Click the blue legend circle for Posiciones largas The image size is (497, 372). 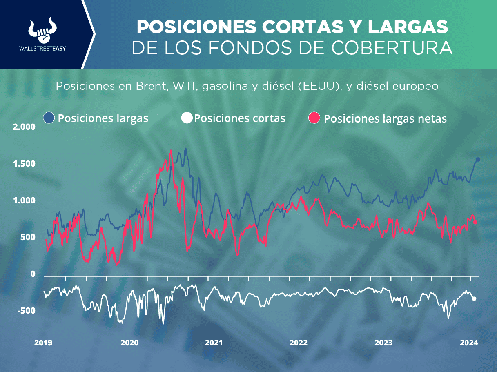pyautogui.click(x=49, y=118)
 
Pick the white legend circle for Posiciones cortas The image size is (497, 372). pyautogui.click(x=186, y=118)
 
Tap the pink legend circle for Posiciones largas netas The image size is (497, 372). pyautogui.click(x=314, y=118)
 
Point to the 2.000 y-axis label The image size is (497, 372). pyautogui.click(x=25, y=127)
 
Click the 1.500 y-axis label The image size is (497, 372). pyautogui.click(x=25, y=164)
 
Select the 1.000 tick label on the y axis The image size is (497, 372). pyautogui.click(x=25, y=200)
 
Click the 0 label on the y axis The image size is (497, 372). pyautogui.click(x=33, y=274)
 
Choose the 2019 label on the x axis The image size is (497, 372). pyautogui.click(x=43, y=343)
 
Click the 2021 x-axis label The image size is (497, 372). pyautogui.click(x=214, y=343)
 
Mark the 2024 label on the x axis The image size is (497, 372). pyautogui.click(x=469, y=343)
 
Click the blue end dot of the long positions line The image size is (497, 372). pyautogui.click(x=478, y=159)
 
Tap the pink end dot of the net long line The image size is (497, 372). pyautogui.click(x=476, y=222)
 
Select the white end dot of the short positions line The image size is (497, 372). pyautogui.click(x=474, y=299)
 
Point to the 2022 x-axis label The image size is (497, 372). pyautogui.click(x=299, y=343)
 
